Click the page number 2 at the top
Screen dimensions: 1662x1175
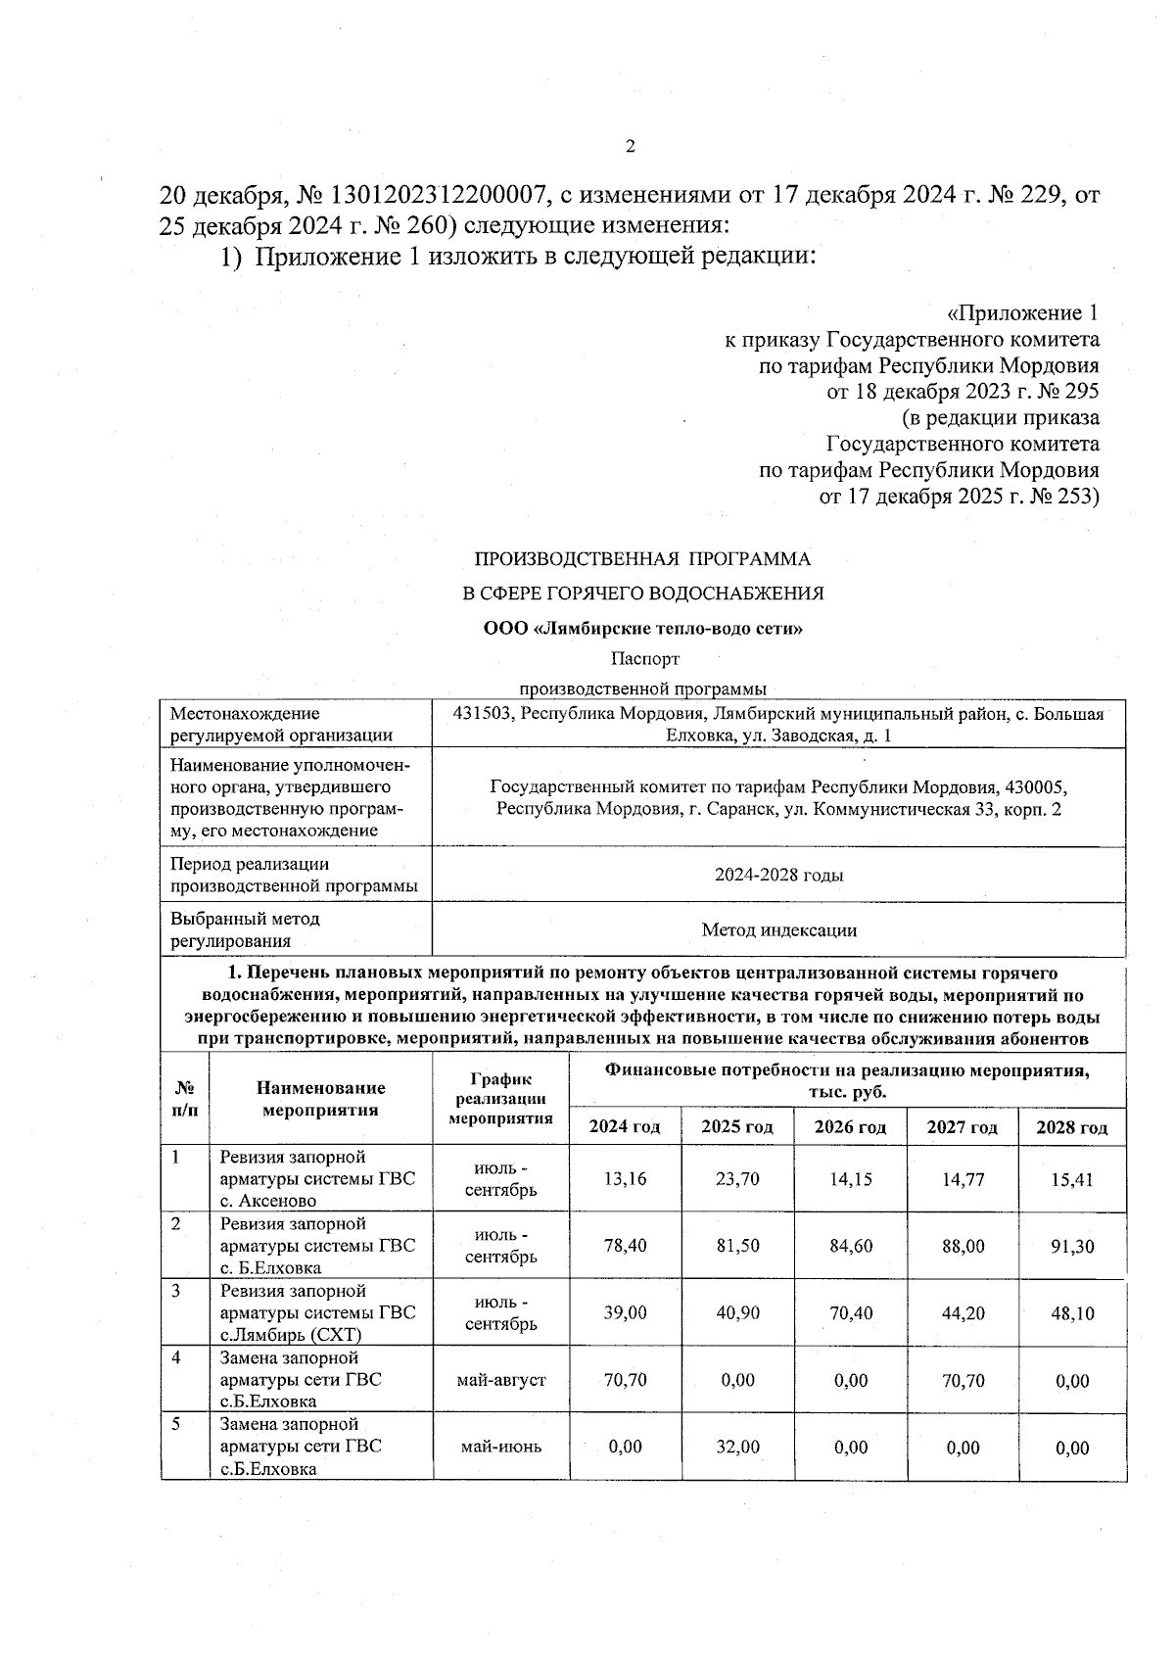tap(630, 147)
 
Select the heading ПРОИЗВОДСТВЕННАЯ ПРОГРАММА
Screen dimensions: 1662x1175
tap(642, 559)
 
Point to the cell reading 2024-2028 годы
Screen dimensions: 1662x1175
tap(778, 875)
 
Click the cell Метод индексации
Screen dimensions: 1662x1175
tap(778, 930)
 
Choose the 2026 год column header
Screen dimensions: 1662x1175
tap(850, 1127)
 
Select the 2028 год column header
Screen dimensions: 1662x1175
tap(1071, 1127)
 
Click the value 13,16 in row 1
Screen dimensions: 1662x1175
tap(625, 1179)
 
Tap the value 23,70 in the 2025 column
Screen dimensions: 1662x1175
tap(737, 1179)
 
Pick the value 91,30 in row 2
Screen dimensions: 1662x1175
tap(1072, 1247)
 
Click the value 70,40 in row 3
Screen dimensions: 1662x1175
tap(850, 1313)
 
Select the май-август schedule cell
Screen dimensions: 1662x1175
tap(500, 1380)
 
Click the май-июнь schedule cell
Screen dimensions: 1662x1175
tap(500, 1447)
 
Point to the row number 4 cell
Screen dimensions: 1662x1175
tap(176, 1358)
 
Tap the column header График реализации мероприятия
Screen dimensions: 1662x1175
tap(500, 1098)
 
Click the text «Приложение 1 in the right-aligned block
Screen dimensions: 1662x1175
tap(1022, 313)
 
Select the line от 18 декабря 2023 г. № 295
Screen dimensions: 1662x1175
tap(963, 392)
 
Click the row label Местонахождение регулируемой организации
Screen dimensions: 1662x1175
tap(281, 725)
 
